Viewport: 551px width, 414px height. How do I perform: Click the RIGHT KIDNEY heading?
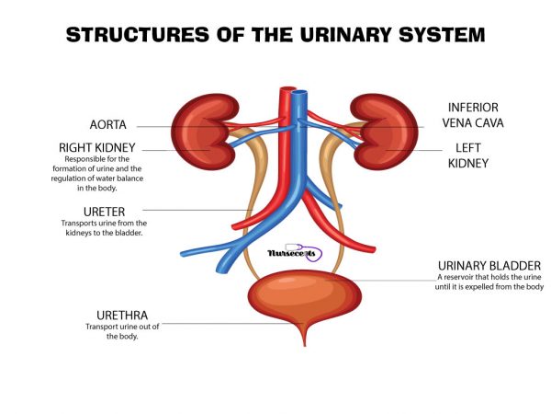[98, 147]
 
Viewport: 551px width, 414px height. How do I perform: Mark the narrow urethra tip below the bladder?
[303, 340]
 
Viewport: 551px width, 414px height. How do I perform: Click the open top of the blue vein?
[298, 93]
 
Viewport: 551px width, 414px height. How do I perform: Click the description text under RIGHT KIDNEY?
[98, 173]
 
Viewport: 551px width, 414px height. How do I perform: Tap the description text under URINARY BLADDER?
[490, 282]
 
